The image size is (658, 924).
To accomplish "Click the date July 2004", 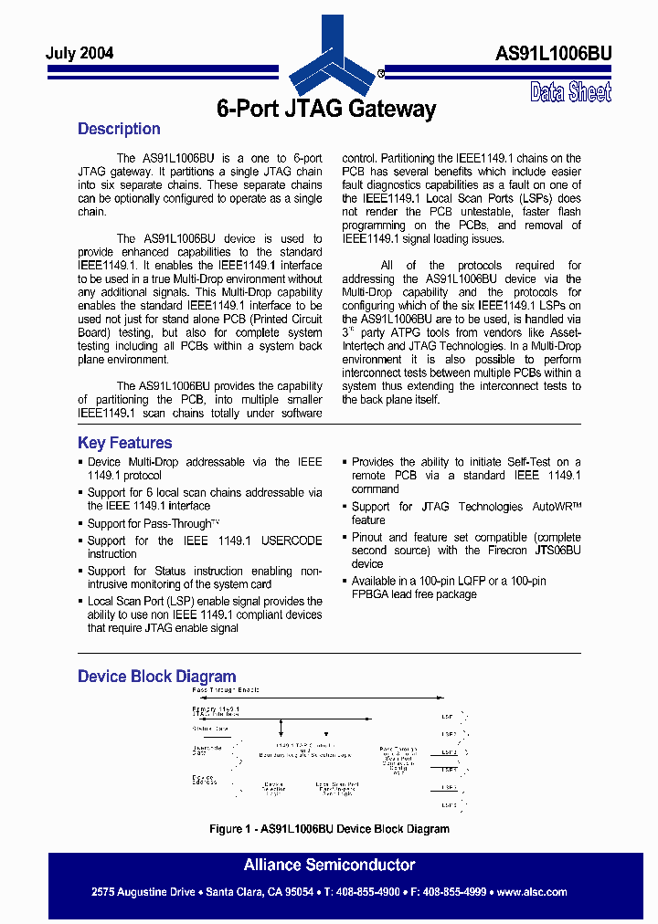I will point(80,53).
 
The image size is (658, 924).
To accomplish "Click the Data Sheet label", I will point(570,91).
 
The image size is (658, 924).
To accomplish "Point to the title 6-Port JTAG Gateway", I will point(326,110).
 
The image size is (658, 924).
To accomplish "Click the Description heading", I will point(119,129).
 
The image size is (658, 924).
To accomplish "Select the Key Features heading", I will point(124,443).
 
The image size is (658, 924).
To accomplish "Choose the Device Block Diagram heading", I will point(156,677).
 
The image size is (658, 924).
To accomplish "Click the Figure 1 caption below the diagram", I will point(329,829).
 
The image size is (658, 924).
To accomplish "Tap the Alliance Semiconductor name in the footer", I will point(329,865).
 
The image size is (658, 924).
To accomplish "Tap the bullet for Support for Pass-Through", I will point(80,524).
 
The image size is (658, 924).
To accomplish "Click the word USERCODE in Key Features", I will point(292,541).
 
